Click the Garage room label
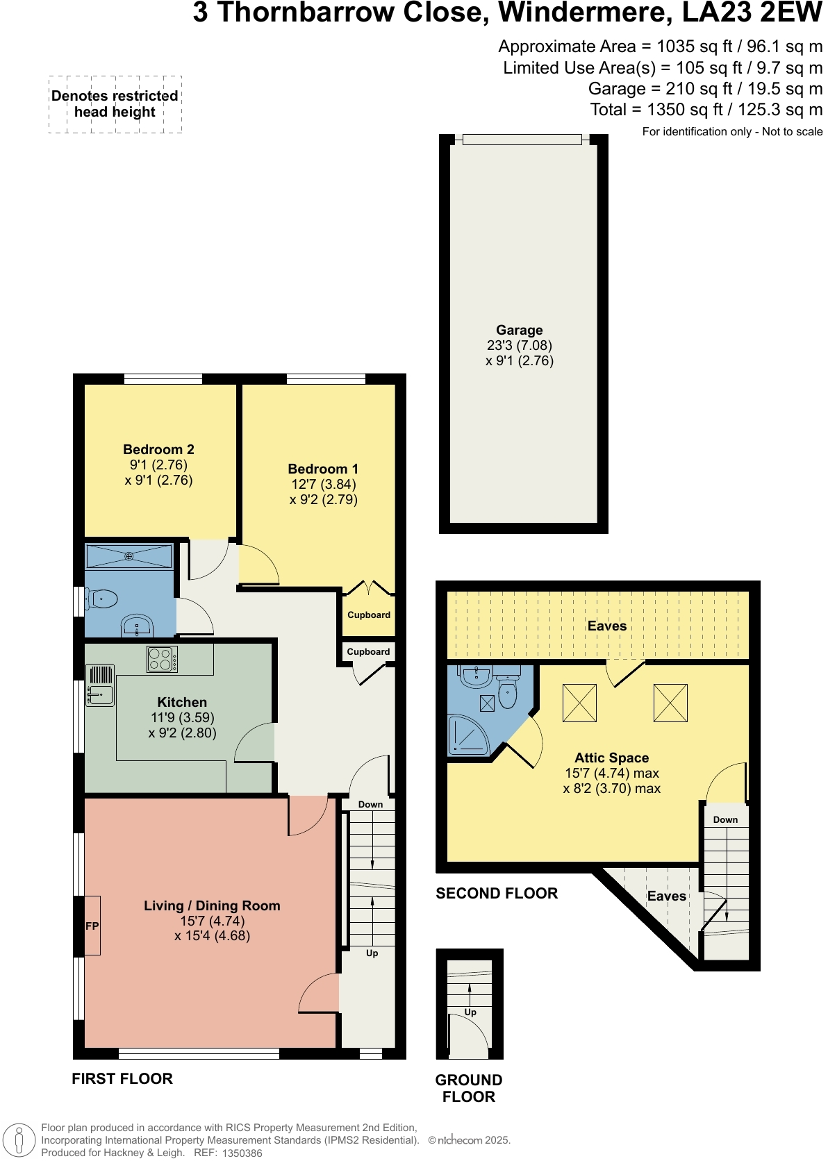tap(519, 331)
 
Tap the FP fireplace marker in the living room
tap(92, 926)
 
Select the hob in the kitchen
tap(162, 659)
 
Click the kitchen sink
tap(100, 694)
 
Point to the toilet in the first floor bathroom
tap(102, 598)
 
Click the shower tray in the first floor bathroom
tap(129, 556)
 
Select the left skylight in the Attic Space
tap(579, 703)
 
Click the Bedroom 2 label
tap(158, 449)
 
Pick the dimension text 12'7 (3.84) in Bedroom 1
tap(324, 484)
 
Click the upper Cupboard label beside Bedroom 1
tap(369, 615)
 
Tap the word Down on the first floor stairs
tap(370, 804)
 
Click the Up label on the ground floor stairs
tap(470, 1012)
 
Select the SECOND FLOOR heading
tap(497, 894)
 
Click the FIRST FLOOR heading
tap(122, 1078)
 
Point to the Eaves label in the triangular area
tap(666, 896)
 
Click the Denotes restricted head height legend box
tap(115, 104)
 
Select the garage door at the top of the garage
tap(522, 140)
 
